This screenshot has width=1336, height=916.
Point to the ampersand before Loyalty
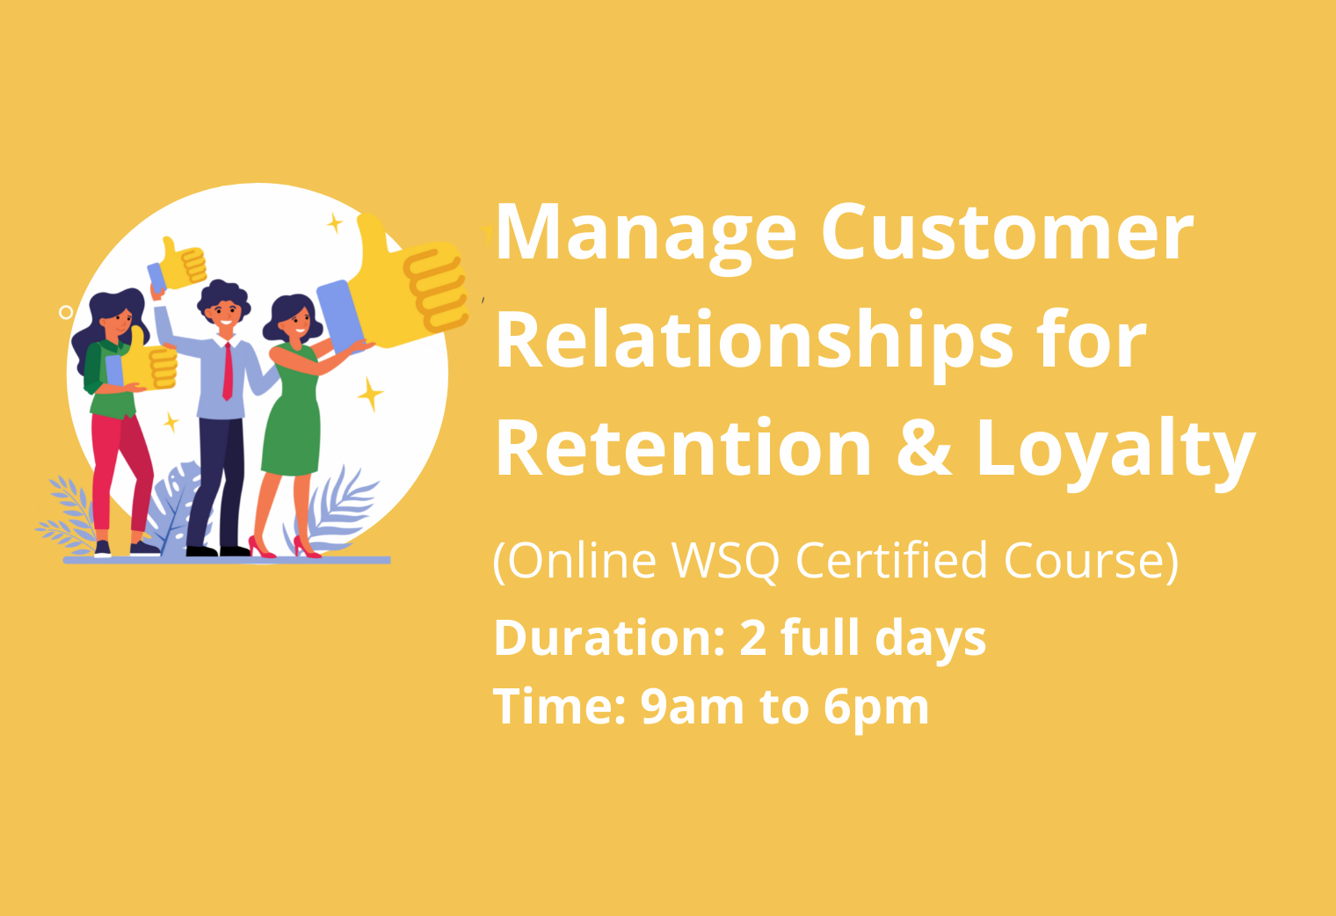click(x=924, y=448)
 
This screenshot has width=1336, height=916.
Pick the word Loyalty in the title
click(x=1116, y=454)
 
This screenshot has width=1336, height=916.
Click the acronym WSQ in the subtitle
click(x=724, y=561)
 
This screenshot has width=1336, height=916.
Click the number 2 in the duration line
click(x=753, y=638)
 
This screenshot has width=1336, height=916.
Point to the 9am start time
click(x=692, y=708)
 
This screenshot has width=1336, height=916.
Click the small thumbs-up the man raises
click(x=183, y=262)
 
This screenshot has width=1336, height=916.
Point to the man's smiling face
click(x=223, y=313)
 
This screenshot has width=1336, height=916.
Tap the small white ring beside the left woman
click(x=66, y=312)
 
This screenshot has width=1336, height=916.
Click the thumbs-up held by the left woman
click(x=149, y=361)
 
